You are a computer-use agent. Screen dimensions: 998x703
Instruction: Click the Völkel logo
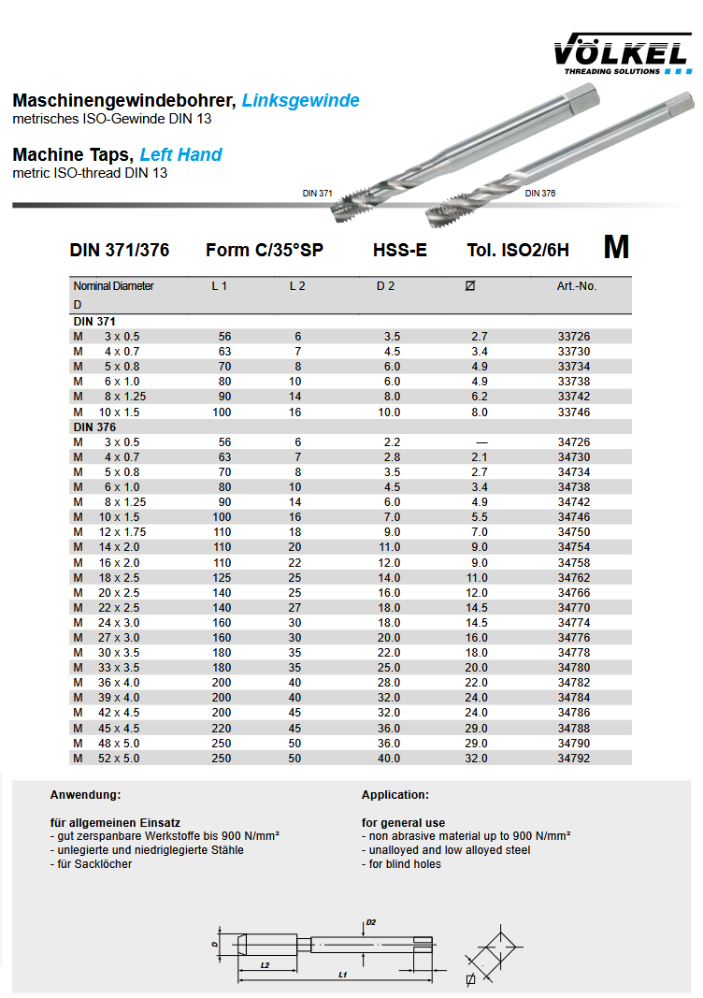point(622,54)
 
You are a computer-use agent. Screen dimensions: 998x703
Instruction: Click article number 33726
point(574,336)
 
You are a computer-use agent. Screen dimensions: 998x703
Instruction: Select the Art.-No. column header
point(576,286)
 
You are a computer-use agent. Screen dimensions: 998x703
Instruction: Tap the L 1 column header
point(219,286)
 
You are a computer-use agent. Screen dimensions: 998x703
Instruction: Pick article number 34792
point(574,759)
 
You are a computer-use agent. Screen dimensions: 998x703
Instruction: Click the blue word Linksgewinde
point(300,101)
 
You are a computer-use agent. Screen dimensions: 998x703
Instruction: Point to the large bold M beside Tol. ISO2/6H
point(616,247)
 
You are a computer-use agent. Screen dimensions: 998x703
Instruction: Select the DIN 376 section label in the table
point(94,427)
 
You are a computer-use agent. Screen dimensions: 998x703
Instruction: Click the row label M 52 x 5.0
point(107,759)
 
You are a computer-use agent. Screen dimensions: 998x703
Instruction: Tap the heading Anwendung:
point(85,795)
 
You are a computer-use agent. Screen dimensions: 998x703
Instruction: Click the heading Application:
point(395,795)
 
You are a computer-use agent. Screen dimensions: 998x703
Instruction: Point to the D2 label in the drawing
point(371,922)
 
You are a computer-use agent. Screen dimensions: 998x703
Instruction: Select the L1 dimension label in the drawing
point(342,976)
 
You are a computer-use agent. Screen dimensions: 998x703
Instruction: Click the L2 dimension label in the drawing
point(265,964)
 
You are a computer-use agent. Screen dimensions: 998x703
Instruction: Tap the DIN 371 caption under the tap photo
point(317,193)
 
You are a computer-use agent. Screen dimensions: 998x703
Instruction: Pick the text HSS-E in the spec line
point(399,250)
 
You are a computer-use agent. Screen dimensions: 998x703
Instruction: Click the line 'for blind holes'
point(401,864)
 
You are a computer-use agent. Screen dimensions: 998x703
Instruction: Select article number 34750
point(574,532)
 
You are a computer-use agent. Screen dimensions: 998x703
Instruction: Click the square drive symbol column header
point(469,286)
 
